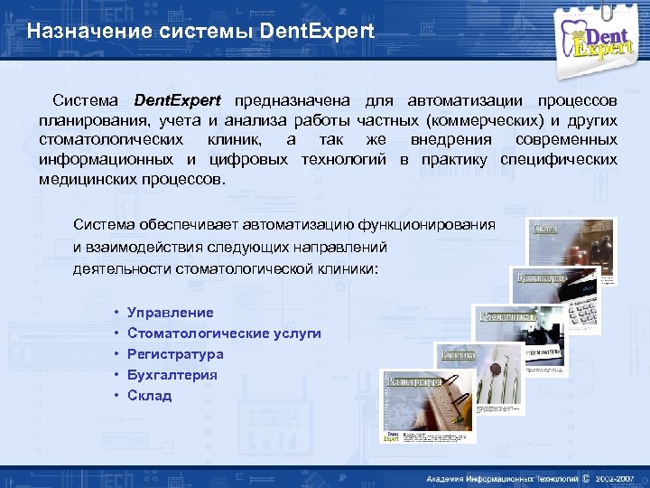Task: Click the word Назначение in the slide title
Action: (73, 32)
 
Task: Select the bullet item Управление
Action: (171, 313)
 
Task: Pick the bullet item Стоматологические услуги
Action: (224, 333)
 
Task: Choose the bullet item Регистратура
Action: (175, 354)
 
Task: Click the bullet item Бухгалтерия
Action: (172, 375)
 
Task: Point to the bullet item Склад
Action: (149, 396)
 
